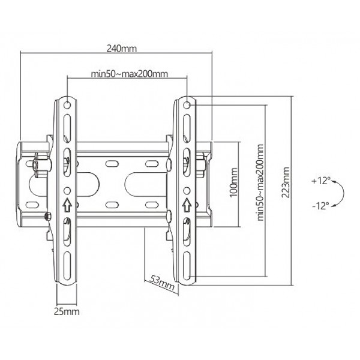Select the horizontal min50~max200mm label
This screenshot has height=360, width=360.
128,74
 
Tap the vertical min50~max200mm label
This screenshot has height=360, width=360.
260,182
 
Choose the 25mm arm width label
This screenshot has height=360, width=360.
66,312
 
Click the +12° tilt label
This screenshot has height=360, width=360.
321,181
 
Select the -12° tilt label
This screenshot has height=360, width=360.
320,205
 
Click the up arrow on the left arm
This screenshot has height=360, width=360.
67,205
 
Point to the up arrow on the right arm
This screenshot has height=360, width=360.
188,204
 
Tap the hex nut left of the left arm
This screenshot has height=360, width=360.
43,162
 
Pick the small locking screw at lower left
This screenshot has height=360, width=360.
47,215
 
